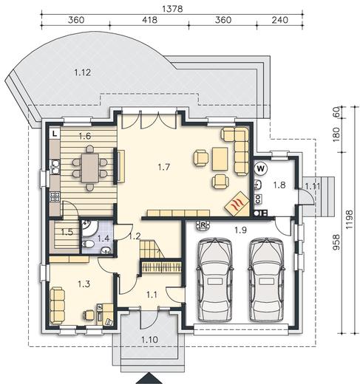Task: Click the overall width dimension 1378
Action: tap(172, 9)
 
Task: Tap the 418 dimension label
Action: tap(149, 20)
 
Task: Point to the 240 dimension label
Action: tap(280, 20)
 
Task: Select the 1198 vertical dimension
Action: tap(349, 219)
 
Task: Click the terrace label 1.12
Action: tap(83, 72)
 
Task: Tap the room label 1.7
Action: tap(164, 167)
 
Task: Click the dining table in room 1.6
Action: tap(90, 168)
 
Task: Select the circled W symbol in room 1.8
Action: tap(261, 169)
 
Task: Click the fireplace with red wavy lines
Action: tap(237, 203)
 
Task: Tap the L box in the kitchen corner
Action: tap(55, 134)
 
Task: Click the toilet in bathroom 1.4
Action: tap(88, 244)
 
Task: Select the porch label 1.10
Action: tap(149, 340)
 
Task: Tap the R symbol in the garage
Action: tap(203, 225)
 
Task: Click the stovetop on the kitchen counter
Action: tap(55, 196)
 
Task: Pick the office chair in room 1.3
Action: tap(89, 315)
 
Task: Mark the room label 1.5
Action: tap(67, 232)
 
